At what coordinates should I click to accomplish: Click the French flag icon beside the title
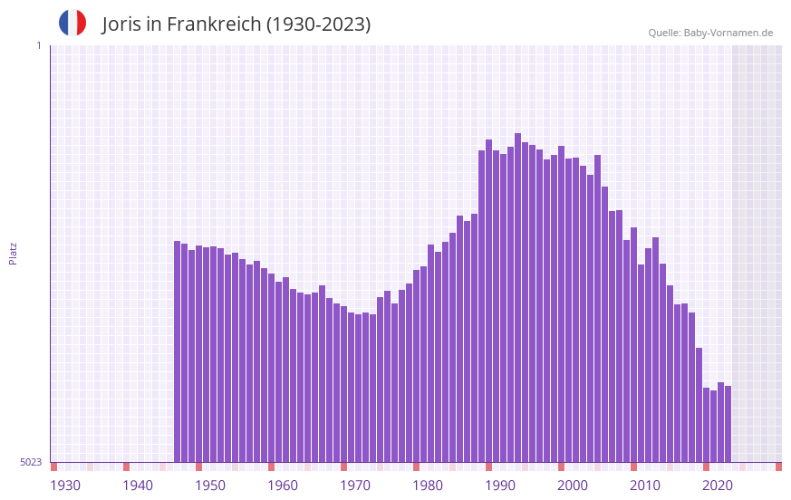point(72,23)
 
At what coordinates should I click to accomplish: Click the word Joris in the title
point(124,24)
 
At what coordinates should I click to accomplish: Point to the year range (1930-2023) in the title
point(318,24)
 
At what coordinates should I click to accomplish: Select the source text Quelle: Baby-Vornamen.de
point(710,33)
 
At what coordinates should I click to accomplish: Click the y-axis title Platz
point(13,253)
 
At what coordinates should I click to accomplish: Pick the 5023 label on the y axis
point(31,462)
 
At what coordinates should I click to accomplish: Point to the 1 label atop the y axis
point(38,45)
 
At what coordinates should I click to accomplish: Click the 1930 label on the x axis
point(65,486)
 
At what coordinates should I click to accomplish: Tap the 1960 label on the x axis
point(283,486)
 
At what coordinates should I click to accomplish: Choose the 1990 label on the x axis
point(500,486)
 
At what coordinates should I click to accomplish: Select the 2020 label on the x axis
point(718,486)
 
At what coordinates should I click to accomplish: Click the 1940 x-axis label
point(138,486)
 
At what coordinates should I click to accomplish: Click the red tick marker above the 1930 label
point(54,466)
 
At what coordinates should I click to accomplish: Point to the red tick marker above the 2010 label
point(633,466)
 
